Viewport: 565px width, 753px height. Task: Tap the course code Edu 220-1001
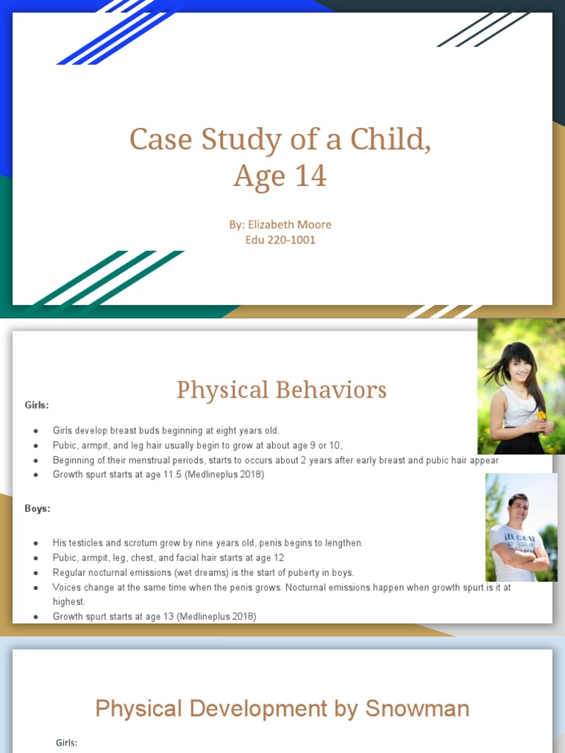(x=280, y=240)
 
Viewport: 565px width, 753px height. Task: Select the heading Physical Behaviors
(x=281, y=390)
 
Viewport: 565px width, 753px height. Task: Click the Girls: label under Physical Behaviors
(x=37, y=404)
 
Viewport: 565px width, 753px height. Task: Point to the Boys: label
(x=38, y=508)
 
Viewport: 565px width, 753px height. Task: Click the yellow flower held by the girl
(x=541, y=415)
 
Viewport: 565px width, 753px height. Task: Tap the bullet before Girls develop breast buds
(x=36, y=430)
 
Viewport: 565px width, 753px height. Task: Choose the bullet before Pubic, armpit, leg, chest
(x=36, y=558)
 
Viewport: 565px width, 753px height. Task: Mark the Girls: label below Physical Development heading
(x=66, y=743)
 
